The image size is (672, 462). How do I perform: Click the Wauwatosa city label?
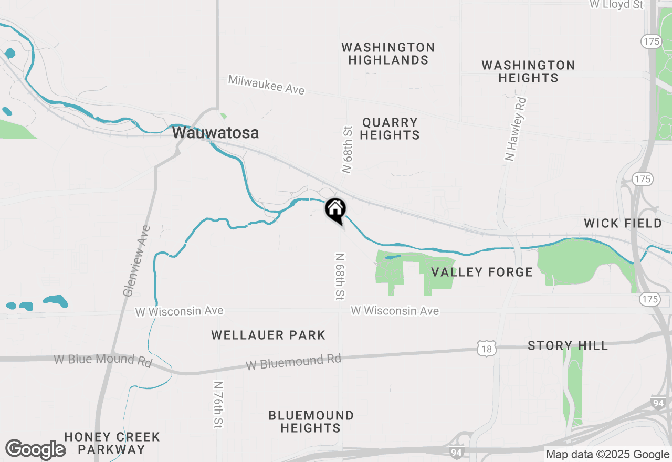(x=215, y=133)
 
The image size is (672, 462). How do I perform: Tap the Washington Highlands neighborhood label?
(x=388, y=54)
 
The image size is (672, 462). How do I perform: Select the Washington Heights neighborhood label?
(x=528, y=71)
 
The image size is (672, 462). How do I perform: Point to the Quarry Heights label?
(x=390, y=129)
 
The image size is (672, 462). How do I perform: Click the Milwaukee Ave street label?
(x=266, y=85)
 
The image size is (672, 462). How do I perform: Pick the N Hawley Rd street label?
(x=516, y=129)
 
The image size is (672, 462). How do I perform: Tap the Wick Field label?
(x=623, y=223)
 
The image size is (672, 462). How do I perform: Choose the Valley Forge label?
(x=481, y=272)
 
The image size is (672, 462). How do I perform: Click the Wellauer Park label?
(x=268, y=335)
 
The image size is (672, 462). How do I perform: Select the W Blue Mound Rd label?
(x=103, y=361)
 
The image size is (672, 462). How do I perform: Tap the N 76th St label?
(x=218, y=403)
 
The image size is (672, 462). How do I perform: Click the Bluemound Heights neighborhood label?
(x=311, y=422)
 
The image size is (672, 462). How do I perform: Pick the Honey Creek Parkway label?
(x=112, y=443)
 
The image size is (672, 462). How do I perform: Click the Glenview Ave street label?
(x=136, y=261)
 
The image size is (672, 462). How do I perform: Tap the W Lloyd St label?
(x=616, y=4)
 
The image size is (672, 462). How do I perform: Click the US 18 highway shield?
(x=487, y=348)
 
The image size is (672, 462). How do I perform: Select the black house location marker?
(x=335, y=210)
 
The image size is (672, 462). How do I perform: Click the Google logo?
(x=35, y=450)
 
